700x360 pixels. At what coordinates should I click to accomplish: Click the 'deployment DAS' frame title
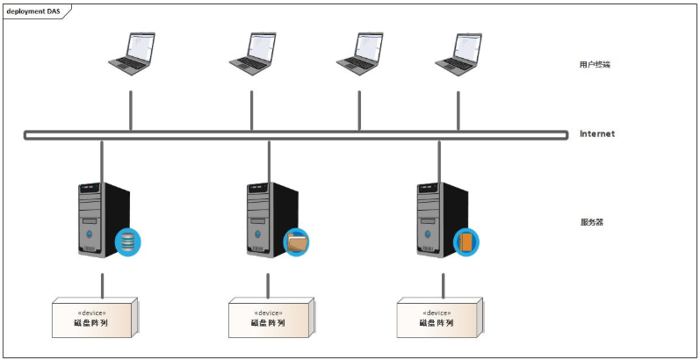33,11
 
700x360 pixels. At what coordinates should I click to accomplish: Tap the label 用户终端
595,65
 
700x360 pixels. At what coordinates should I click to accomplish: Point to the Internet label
597,133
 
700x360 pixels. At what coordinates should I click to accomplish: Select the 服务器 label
591,222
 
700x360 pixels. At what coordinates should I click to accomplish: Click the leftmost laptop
132,54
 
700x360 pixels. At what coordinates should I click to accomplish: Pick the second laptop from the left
253,54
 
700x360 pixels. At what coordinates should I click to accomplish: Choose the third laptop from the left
360,54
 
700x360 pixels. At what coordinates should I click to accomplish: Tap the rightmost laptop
458,54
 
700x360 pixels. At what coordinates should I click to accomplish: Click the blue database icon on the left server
127,242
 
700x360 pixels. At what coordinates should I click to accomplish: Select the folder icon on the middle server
297,242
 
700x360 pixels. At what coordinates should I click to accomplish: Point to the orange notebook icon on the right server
466,242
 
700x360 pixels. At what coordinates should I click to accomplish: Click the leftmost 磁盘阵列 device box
95,318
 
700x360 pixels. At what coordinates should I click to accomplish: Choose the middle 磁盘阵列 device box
271,318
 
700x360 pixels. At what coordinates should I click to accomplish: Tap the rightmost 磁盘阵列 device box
440,318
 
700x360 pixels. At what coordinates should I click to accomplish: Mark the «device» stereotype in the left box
91,313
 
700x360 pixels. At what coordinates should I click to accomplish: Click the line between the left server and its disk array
102,286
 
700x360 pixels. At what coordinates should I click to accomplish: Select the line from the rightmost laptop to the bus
458,112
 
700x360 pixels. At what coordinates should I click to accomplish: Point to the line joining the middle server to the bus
269,162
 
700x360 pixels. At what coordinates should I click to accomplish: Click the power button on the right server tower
428,234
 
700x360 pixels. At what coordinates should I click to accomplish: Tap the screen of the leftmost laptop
141,47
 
